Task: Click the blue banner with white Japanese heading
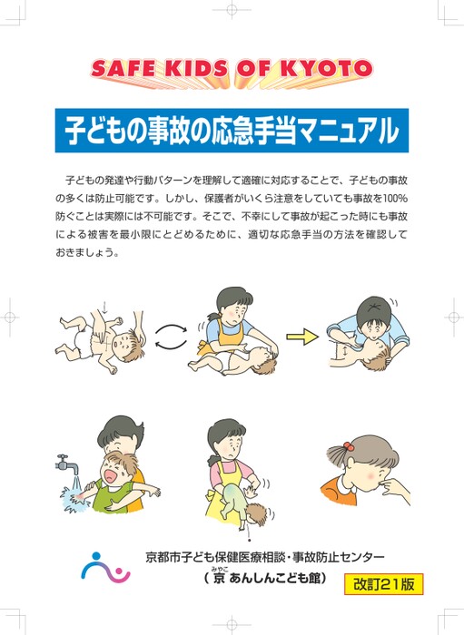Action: pos(232,131)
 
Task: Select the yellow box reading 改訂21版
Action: pos(383,584)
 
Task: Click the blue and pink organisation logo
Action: pos(105,567)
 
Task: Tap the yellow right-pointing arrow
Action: pos(301,337)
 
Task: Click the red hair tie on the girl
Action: pos(348,446)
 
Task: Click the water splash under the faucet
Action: pos(75,497)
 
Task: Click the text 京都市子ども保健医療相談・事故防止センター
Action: pos(265,557)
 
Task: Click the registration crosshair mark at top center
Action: pos(232,10)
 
